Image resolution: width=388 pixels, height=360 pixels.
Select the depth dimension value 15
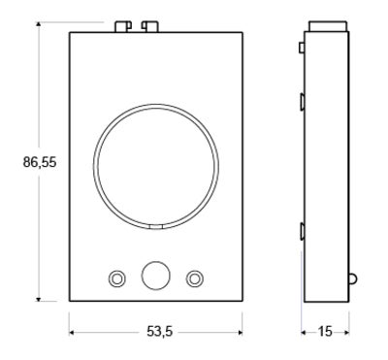click(324, 332)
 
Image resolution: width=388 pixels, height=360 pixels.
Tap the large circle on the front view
click(154, 169)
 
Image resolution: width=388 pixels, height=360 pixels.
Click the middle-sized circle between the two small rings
click(155, 276)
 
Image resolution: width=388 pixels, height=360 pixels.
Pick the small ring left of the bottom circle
click(116, 278)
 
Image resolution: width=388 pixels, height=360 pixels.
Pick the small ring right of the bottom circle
click(194, 278)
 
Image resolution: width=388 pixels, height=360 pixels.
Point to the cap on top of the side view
click(324, 24)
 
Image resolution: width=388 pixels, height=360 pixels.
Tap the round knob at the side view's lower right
click(352, 278)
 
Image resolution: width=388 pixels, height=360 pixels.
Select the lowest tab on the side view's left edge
click(304, 230)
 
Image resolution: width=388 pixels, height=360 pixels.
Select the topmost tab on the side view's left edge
click(303, 46)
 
